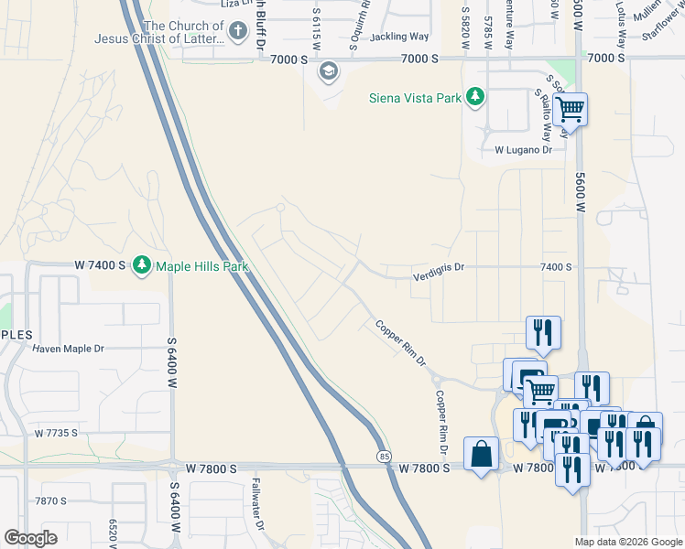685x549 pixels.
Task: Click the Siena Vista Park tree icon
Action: (x=474, y=97)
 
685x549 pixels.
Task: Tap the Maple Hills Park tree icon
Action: (x=141, y=265)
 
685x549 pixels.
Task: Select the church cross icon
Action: (x=237, y=32)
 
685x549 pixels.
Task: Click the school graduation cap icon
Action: (x=327, y=70)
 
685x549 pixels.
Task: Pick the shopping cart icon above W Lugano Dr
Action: (x=570, y=110)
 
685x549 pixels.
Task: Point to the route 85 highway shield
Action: (x=382, y=455)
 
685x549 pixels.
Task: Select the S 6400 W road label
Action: (x=171, y=363)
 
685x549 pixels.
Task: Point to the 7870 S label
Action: (x=51, y=501)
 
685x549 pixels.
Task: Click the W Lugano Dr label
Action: (x=525, y=149)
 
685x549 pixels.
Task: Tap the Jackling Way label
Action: (x=399, y=37)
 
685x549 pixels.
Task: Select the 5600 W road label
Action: (x=580, y=193)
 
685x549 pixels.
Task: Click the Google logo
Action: (x=30, y=538)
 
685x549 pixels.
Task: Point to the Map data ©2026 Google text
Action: (x=628, y=542)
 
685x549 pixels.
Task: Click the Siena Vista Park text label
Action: (x=413, y=98)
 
